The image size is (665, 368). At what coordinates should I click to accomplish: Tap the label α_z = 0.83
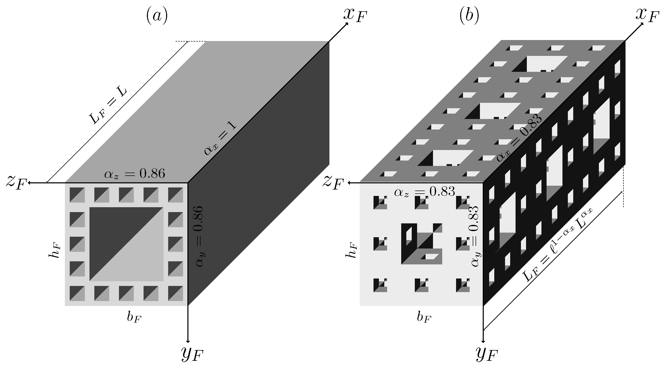(424, 192)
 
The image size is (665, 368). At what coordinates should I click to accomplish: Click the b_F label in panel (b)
(424, 317)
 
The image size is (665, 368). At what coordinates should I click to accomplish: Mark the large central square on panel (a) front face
(126, 244)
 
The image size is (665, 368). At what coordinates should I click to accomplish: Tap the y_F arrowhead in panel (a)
(188, 341)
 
